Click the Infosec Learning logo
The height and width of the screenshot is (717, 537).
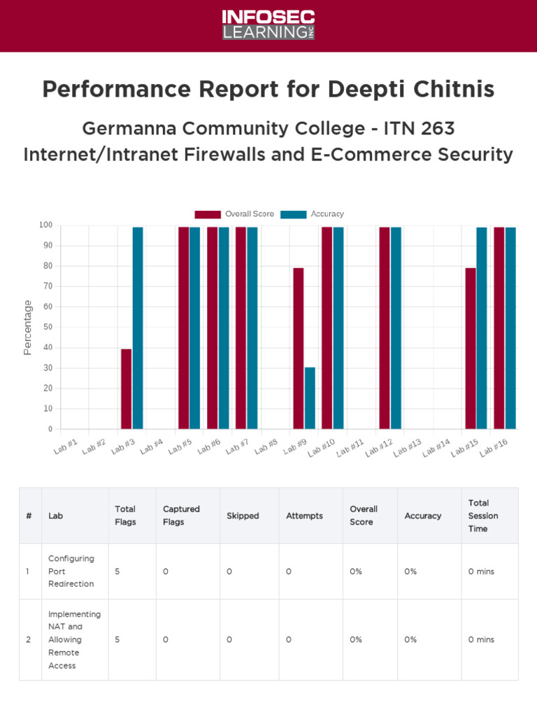pyautogui.click(x=268, y=25)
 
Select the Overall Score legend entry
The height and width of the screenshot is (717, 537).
pyautogui.click(x=234, y=214)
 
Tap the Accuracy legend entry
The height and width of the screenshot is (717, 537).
pyautogui.click(x=313, y=214)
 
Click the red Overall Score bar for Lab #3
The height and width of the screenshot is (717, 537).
pyautogui.click(x=126, y=389)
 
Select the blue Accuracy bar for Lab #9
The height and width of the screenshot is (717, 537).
pyautogui.click(x=310, y=398)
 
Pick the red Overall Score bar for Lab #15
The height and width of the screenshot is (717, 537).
pyautogui.click(x=471, y=348)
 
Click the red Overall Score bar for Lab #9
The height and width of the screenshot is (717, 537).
pyautogui.click(x=299, y=348)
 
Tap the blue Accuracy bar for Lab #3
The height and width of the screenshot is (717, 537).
pyautogui.click(x=138, y=328)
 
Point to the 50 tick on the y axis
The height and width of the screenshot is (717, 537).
pyautogui.click(x=48, y=327)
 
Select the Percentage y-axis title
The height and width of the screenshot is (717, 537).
pyautogui.click(x=28, y=327)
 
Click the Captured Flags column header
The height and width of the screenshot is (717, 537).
pyautogui.click(x=181, y=515)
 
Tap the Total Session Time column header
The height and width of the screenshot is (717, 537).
pyautogui.click(x=483, y=515)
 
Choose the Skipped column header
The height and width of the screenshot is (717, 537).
pyautogui.click(x=243, y=516)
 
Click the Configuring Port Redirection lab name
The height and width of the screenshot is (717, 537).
pyautogui.click(x=71, y=571)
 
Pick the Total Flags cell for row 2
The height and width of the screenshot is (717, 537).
pyautogui.click(x=117, y=639)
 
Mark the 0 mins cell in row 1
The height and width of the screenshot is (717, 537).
pyautogui.click(x=481, y=571)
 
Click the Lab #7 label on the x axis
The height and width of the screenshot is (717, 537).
pyautogui.click(x=238, y=447)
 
